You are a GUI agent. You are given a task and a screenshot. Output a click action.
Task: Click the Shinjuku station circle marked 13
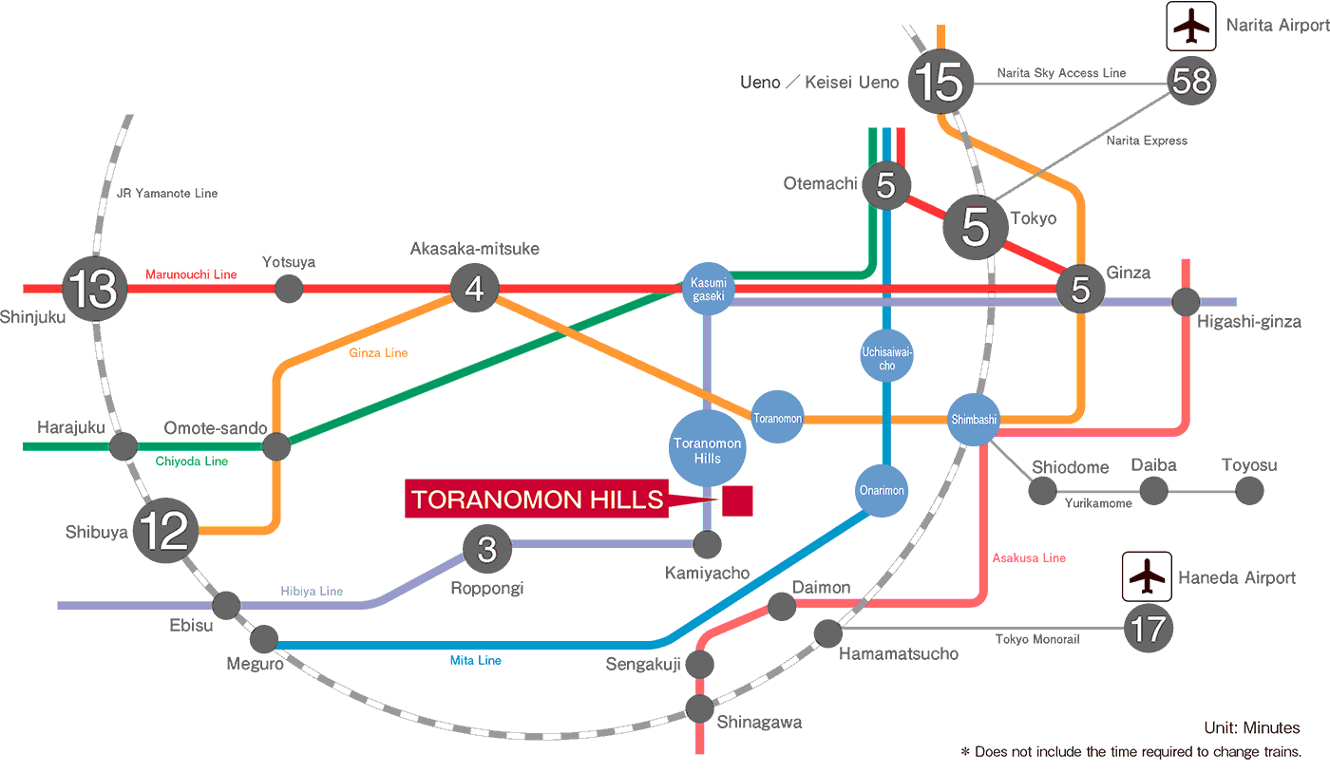click(94, 289)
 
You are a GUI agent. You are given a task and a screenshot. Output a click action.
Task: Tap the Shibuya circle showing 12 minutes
click(166, 532)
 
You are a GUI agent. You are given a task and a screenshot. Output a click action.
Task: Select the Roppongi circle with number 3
click(486, 548)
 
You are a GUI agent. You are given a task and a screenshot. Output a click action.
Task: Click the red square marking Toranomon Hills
click(737, 500)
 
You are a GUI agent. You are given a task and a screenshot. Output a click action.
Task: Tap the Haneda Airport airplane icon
click(1148, 576)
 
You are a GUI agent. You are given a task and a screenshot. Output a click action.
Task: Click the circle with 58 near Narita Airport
click(1191, 83)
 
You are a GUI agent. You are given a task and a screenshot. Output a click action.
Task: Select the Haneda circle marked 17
click(1148, 629)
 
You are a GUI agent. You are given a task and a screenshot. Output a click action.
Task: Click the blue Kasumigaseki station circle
click(709, 289)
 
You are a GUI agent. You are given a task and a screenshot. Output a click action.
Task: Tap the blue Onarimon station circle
click(882, 491)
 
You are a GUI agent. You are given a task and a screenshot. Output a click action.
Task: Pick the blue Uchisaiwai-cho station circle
click(885, 355)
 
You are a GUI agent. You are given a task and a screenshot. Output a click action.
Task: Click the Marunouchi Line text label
click(191, 274)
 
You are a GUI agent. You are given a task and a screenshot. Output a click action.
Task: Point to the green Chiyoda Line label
click(191, 462)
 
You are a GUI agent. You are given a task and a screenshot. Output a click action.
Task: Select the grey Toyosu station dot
click(1249, 491)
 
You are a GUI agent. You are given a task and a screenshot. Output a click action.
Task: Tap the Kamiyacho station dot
click(707, 544)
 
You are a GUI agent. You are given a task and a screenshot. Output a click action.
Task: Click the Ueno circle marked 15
click(941, 83)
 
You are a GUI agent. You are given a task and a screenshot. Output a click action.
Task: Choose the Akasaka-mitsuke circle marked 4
click(474, 289)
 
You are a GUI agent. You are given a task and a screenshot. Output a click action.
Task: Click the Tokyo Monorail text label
click(1037, 639)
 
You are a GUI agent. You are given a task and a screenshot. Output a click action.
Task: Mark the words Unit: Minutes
click(1251, 728)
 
